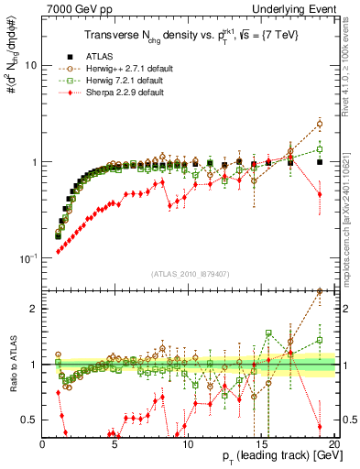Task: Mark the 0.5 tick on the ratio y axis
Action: click(x=30, y=420)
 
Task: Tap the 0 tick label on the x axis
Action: click(x=42, y=444)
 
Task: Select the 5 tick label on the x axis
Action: click(x=115, y=444)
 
